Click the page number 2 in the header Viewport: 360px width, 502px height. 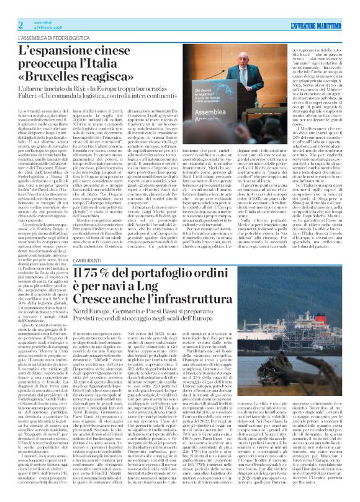21,25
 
